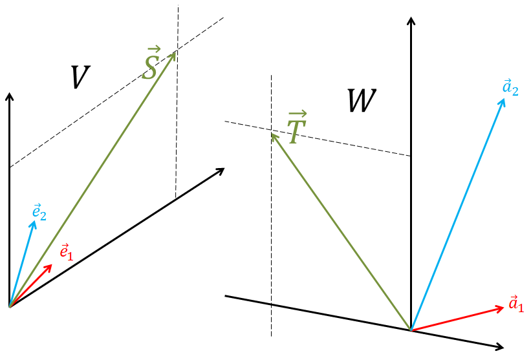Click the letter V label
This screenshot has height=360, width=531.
point(78,78)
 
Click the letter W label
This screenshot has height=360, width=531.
point(362,102)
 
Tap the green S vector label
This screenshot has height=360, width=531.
point(150,65)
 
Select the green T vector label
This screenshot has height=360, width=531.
point(295,127)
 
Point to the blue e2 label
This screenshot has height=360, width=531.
point(39,211)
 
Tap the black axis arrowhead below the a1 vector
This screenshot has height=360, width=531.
point(503,347)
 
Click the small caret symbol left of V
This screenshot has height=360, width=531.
point(9,96)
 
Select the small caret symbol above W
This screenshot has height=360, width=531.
point(410,22)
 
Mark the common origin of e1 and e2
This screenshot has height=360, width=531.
point(10,306)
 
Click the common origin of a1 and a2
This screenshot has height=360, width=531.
point(411,330)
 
